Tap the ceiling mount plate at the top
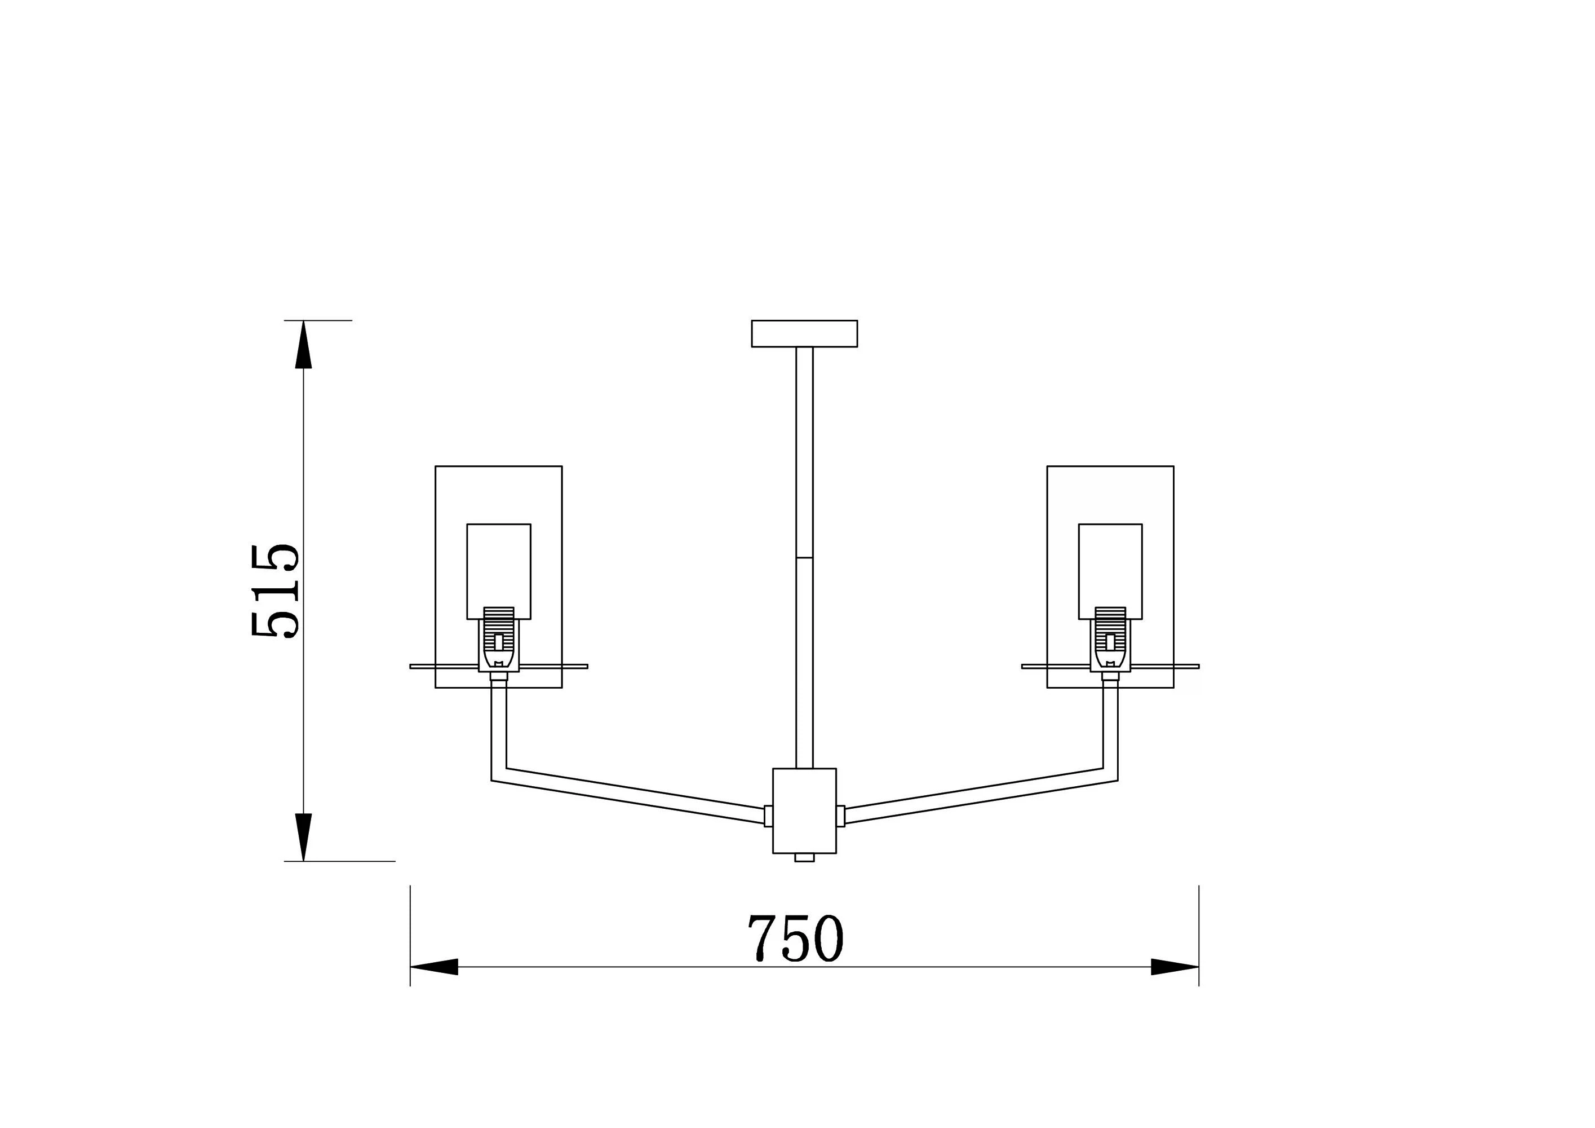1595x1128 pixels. pyautogui.click(x=804, y=333)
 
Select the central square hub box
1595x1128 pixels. pyautogui.click(x=804, y=810)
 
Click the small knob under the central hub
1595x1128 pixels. pyautogui.click(x=804, y=858)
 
